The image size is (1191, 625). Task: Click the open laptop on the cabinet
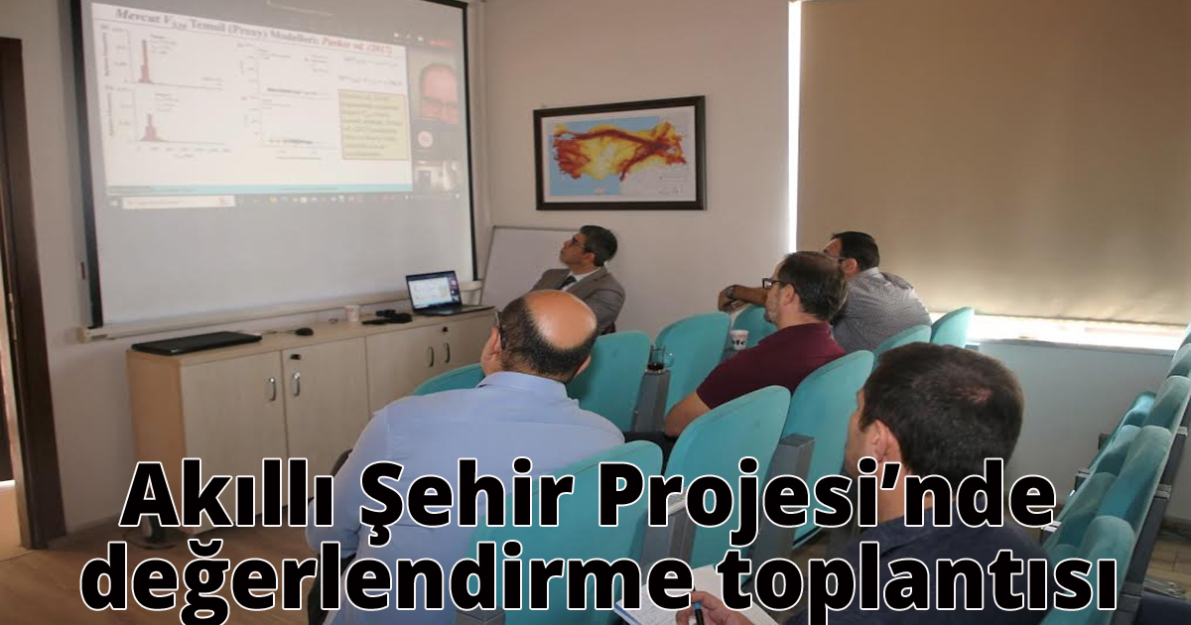pyautogui.click(x=435, y=293)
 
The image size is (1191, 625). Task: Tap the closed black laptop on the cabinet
pyautogui.click(x=196, y=342)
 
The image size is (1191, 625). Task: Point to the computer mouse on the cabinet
pyautogui.click(x=304, y=330)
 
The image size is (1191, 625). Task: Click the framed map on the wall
pyautogui.click(x=619, y=153)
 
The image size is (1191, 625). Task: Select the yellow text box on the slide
pyautogui.click(x=373, y=125)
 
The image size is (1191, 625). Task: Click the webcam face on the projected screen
pyautogui.click(x=437, y=94)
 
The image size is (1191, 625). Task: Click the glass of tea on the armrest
pyautogui.click(x=657, y=358)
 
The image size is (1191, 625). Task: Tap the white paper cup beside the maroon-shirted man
pyautogui.click(x=738, y=339)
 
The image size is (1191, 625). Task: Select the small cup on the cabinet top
pyautogui.click(x=351, y=313)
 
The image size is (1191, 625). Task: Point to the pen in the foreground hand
pyautogui.click(x=698, y=610)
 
